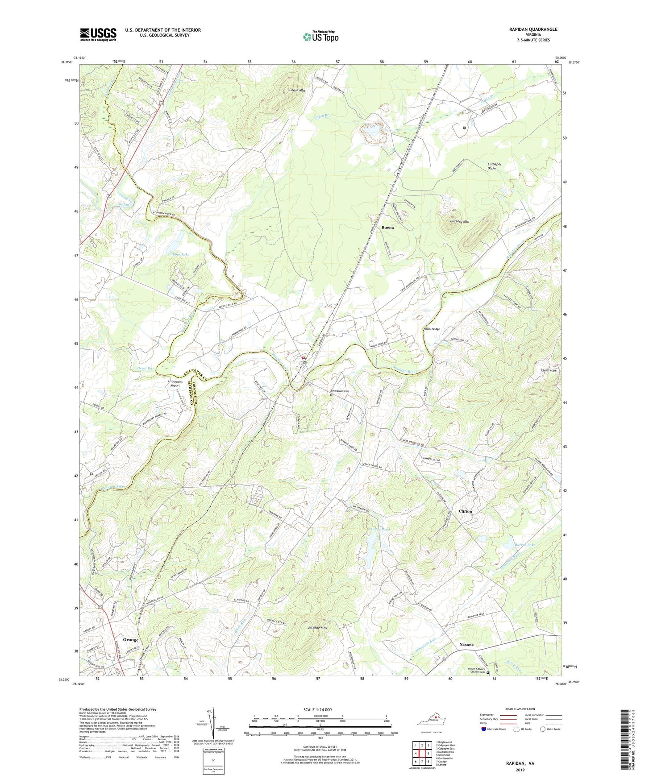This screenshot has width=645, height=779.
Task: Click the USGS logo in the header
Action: coord(98,34)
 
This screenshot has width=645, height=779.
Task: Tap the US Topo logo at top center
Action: coord(320,37)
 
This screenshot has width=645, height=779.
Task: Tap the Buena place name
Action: coord(388,228)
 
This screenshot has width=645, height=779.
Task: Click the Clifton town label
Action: coord(465,511)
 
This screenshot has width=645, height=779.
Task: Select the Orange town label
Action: coord(131,639)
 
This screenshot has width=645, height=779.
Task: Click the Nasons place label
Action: coord(466,645)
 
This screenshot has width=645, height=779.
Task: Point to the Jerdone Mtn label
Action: coord(317,628)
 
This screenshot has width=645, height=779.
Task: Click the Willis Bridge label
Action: coord(432,329)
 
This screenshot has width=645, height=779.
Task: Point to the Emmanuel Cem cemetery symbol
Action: coord(331,395)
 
